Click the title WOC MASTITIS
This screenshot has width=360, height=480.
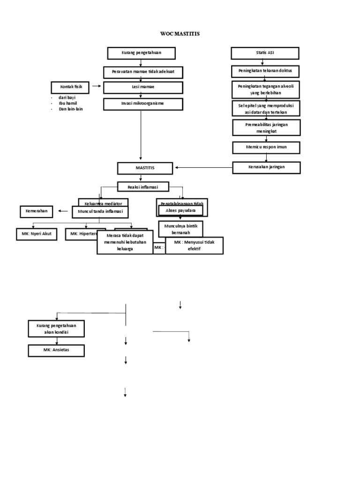[180, 34]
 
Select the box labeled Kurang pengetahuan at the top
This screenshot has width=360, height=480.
[141, 53]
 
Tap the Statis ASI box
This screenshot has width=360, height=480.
[265, 53]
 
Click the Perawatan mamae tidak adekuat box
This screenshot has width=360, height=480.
[143, 72]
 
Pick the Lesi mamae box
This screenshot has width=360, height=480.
[142, 88]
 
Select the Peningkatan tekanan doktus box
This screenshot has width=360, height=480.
[265, 71]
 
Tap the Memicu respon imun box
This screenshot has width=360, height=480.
[266, 148]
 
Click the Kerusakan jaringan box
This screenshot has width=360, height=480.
[266, 167]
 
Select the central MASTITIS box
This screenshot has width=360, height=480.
[145, 167]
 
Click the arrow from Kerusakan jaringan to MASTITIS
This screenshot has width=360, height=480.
[204, 167]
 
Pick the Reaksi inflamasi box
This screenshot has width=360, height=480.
[143, 187]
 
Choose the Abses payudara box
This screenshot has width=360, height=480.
[181, 211]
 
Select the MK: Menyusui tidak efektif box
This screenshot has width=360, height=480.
[194, 246]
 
